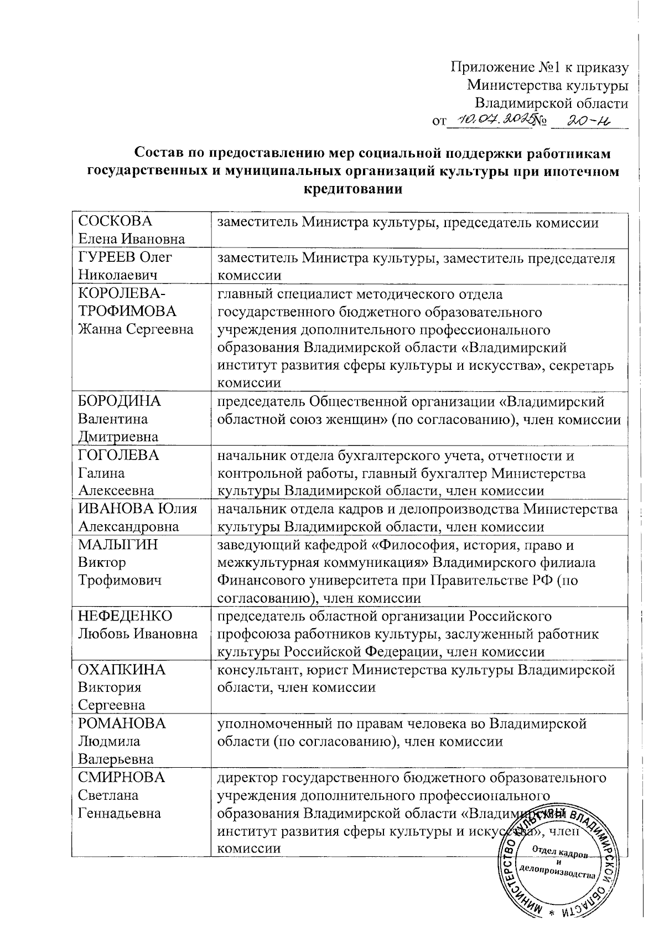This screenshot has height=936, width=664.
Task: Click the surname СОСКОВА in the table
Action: [115, 221]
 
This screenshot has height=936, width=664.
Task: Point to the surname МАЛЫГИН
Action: [118, 545]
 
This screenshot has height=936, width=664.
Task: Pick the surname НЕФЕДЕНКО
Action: [125, 616]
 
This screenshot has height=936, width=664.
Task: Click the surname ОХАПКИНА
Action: [122, 670]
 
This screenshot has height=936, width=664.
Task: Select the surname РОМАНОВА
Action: [122, 723]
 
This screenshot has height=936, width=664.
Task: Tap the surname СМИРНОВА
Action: [122, 777]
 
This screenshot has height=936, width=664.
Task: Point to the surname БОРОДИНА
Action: [119, 401]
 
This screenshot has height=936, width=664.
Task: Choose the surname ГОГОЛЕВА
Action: [118, 455]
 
